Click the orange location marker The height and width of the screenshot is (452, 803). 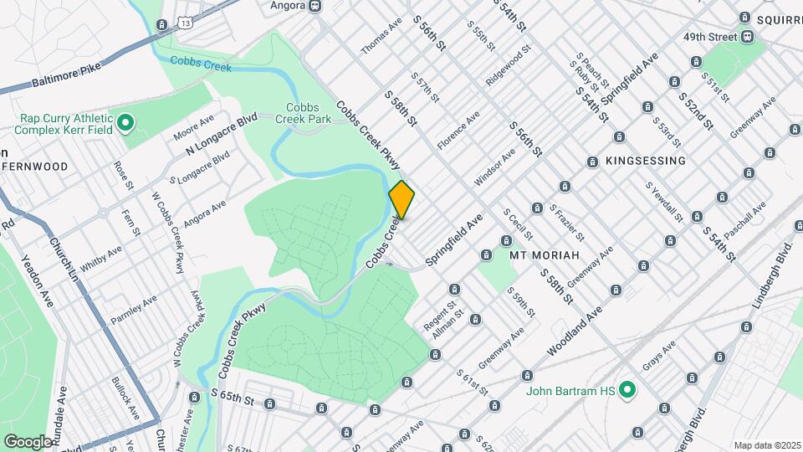tap(401, 200)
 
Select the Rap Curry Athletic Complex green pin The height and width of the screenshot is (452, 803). tap(125, 125)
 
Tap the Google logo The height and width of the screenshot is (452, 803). tap(27, 440)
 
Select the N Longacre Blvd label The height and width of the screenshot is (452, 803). tap(220, 138)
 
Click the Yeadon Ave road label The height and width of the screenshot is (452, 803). tap(37, 280)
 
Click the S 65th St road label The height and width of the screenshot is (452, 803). tap(233, 397)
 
